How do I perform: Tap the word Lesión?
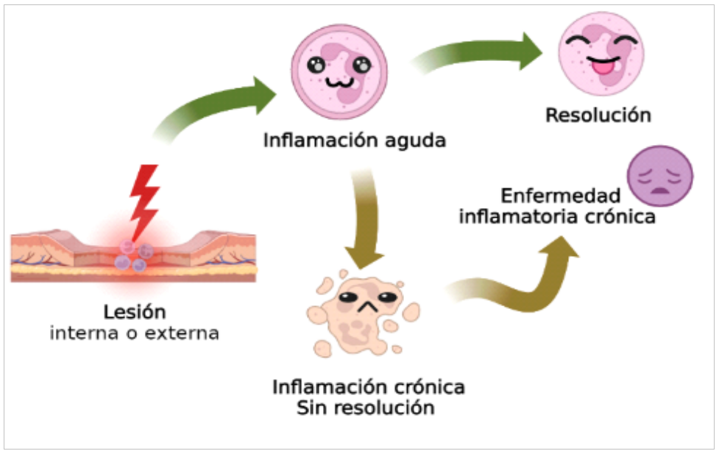pos(135,312)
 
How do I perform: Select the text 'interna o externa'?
pos(135,333)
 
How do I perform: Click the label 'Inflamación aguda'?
pos(355,141)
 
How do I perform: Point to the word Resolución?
pos(598,115)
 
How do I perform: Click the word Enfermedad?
pos(560,196)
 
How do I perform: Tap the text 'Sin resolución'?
pos(366,408)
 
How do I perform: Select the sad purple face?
pos(660,176)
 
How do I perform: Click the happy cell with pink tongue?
pos(601,54)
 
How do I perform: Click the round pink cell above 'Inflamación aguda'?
pos(339,72)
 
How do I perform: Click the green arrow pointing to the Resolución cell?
pos(477,52)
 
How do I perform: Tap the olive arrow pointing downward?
pos(366,220)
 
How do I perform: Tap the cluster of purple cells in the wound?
pos(133,256)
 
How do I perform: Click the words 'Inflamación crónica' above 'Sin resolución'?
pos(369,387)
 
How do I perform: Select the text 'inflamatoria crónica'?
pos(557,216)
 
